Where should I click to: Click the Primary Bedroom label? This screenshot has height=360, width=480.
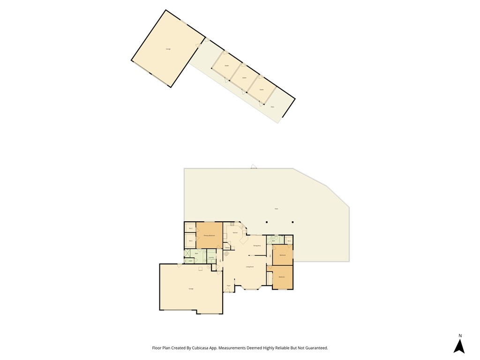coord(209,235)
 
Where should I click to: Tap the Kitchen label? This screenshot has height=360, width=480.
coord(235,233)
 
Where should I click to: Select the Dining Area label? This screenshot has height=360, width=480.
coord(257,246)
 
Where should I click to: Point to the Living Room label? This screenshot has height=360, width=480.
coord(249,267)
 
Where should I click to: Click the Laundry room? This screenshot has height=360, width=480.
coord(211,257)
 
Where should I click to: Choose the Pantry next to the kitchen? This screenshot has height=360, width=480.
coord(227,247)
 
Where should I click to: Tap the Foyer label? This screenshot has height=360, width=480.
coord(229,285)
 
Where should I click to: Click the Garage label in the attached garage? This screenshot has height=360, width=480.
coord(191,289)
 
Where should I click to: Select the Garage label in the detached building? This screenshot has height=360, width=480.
coord(168,49)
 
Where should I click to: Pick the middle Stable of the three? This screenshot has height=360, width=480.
coord(244,78)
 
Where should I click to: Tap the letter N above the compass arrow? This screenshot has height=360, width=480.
coord(460,336)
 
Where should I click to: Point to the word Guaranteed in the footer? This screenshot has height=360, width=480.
coord(315,348)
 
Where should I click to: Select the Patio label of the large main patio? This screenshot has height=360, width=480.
coord(276,209)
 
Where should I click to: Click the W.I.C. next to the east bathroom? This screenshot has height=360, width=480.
coord(289,242)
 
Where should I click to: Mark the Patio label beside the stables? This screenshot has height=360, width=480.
coord(272,107)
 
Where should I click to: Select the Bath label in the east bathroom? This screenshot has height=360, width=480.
coord(273,241)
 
